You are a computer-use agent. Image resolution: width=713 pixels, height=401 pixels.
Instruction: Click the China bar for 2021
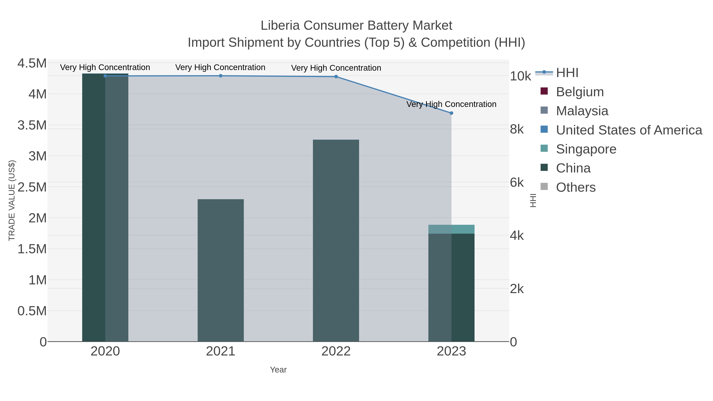(x=221, y=270)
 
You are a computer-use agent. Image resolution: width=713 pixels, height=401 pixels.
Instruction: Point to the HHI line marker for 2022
(x=336, y=77)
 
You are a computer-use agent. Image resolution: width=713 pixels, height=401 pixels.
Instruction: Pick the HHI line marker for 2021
(x=221, y=76)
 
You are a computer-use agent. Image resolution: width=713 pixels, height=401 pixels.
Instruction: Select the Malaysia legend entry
(x=582, y=111)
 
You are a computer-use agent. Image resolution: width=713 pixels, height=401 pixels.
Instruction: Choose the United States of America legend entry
(x=629, y=130)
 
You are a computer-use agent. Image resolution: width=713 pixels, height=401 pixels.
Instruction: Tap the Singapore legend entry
(x=586, y=149)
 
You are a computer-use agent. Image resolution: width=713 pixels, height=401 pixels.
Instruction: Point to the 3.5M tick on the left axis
(x=32, y=125)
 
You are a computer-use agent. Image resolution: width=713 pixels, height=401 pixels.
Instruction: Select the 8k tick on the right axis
(x=517, y=129)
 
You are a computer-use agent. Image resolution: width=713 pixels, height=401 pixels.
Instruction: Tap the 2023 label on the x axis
(x=451, y=351)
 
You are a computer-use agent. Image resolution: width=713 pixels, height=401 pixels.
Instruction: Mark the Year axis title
(x=278, y=370)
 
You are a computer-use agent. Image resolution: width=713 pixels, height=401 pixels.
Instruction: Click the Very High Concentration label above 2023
(x=451, y=104)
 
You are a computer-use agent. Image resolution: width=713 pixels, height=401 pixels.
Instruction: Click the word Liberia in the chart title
(x=280, y=26)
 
